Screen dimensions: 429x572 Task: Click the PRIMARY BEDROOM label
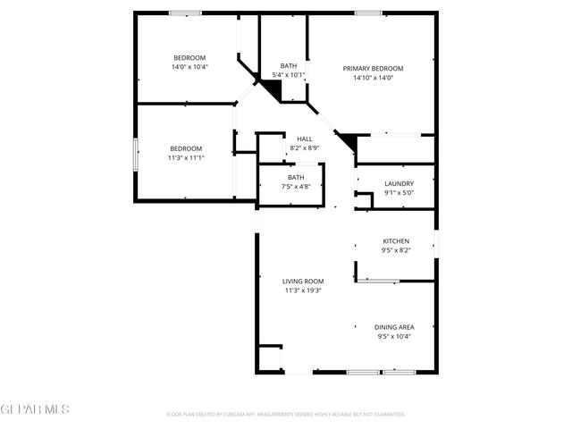click(373, 69)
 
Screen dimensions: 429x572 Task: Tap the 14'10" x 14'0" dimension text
click(373, 78)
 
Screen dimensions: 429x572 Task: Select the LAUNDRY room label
click(398, 183)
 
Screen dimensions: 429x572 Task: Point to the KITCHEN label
click(396, 241)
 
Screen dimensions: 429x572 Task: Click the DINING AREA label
click(394, 327)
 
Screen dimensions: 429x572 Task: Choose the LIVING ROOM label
click(303, 282)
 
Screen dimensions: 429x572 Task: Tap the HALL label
click(305, 139)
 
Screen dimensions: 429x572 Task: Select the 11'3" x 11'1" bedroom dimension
click(186, 158)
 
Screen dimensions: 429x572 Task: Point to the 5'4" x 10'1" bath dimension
click(289, 74)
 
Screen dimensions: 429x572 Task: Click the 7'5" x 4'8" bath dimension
click(296, 186)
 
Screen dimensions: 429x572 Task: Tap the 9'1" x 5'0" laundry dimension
click(398, 192)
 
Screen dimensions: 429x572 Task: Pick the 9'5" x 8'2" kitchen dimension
click(396, 250)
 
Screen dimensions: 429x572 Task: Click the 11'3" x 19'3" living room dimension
click(303, 290)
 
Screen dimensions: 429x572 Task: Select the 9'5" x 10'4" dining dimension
click(394, 336)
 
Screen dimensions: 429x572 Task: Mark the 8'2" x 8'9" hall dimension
click(305, 147)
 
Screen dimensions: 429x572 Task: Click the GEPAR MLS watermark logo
click(34, 409)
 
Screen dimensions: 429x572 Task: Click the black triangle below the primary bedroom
click(348, 142)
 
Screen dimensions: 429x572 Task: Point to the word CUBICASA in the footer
click(234, 415)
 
